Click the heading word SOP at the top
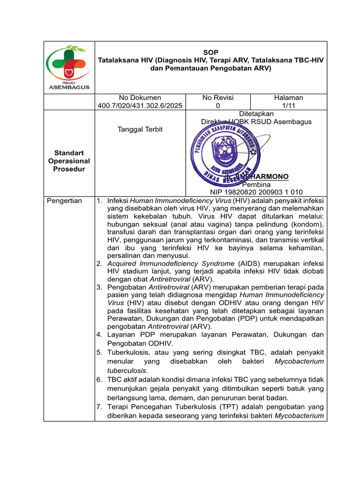point(211,52)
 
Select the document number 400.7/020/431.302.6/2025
point(140,106)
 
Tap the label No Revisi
point(218,97)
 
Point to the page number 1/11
point(288,106)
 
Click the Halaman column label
point(288,97)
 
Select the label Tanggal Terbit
point(140,129)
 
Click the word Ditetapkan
point(256,114)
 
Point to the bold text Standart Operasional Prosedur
point(69,161)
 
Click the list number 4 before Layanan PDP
point(99,335)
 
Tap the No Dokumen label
point(140,97)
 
